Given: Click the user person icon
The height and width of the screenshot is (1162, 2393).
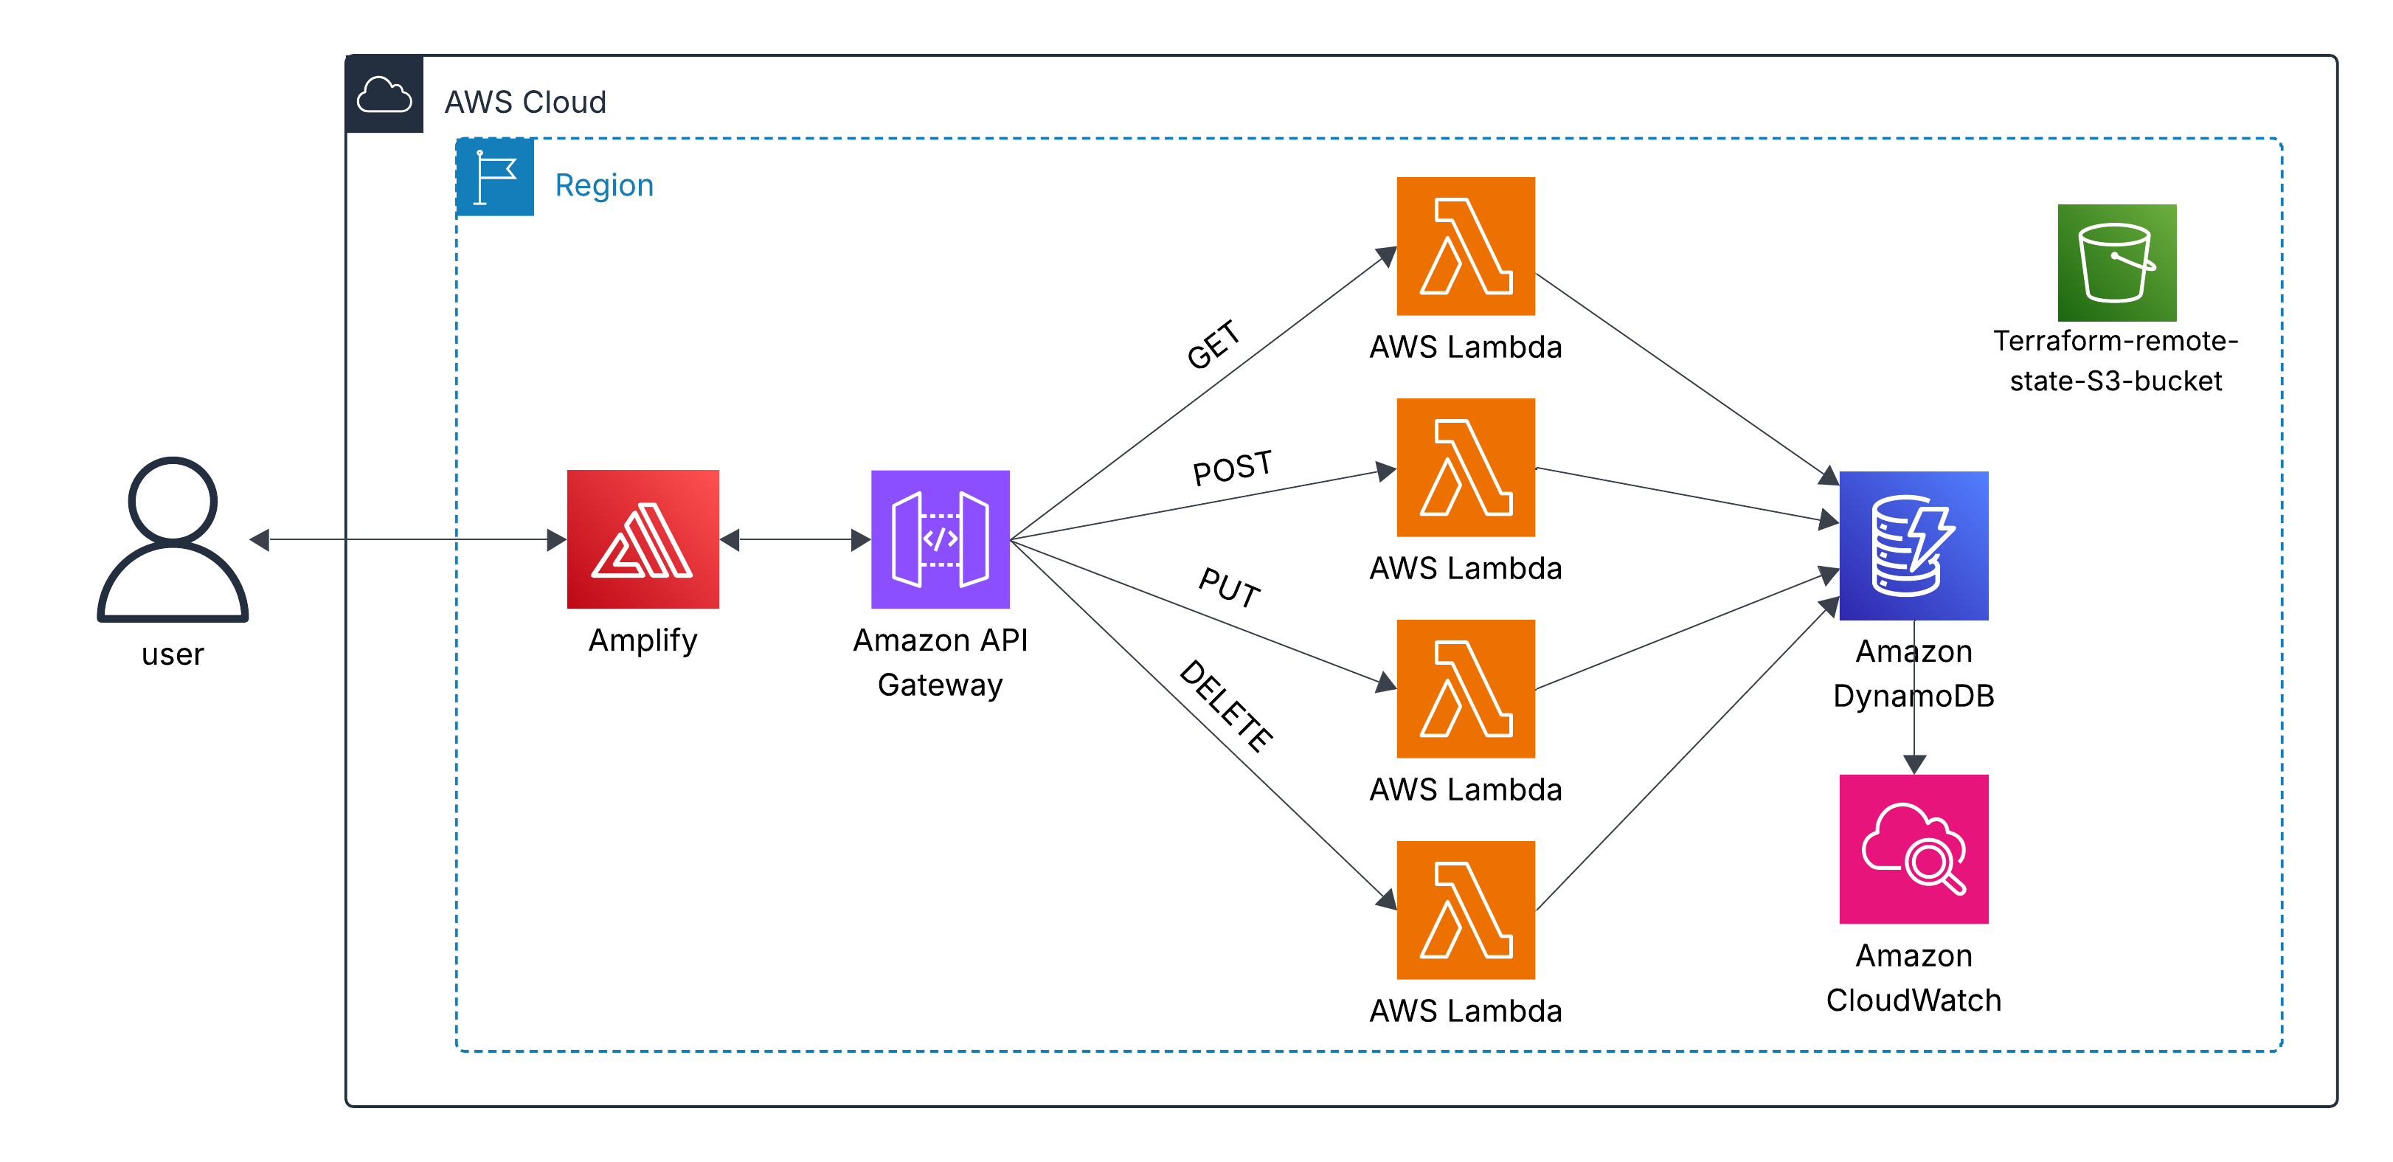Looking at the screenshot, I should coord(173,539).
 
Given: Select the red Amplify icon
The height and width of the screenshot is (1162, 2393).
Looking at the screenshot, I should coord(643,539).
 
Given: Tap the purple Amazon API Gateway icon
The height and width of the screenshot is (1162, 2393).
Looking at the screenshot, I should coord(940,539).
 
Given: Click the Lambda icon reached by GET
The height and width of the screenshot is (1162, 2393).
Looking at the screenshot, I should coord(1466,246).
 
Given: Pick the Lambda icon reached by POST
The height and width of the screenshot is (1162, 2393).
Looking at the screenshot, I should coord(1466,467).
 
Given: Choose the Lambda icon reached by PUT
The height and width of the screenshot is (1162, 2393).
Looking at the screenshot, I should coord(1466,688).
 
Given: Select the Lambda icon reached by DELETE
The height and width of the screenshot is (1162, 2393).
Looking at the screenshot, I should coord(1466,910).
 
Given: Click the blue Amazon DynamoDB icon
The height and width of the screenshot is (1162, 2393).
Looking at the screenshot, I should coord(1914,545).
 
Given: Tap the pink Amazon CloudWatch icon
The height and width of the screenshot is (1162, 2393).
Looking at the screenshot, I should coord(1914,849).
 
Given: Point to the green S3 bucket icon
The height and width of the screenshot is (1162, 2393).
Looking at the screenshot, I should coord(2116,263).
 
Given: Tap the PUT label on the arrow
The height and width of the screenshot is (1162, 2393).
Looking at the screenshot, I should coord(1230,587).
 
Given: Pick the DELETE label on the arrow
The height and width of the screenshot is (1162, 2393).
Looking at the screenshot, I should coord(1226,706).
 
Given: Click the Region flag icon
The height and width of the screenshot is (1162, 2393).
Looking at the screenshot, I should coord(495,177).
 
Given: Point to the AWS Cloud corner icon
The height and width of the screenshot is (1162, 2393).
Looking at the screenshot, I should coord(384,94).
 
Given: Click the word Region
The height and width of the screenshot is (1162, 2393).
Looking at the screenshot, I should coord(604,185).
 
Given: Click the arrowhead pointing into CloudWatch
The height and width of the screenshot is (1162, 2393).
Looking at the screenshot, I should coord(1914,764).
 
